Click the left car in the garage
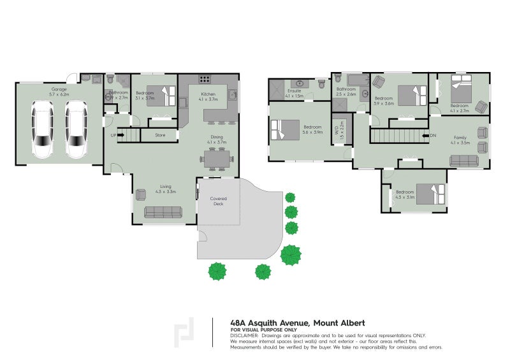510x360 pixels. tap(43, 133)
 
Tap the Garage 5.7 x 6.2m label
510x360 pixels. tap(59, 91)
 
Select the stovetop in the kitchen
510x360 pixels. tap(205, 80)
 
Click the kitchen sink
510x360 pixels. tap(233, 95)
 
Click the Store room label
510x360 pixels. tap(160, 135)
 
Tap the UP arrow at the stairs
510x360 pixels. tap(115, 135)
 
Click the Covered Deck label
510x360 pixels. tap(219, 201)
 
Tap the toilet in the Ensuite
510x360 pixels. tap(321, 83)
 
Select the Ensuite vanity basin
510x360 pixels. tap(298, 83)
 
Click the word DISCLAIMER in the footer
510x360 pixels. tap(244, 335)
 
